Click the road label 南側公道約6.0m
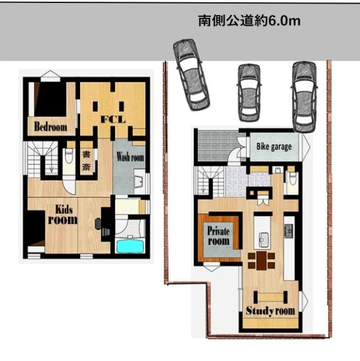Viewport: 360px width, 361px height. point(249,21)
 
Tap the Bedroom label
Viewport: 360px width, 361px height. point(51,126)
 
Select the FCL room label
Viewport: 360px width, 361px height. point(113,119)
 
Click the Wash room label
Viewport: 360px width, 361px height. point(130,157)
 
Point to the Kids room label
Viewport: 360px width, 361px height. point(63,215)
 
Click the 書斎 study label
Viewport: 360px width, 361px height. point(86,161)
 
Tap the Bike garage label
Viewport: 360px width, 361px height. point(274,147)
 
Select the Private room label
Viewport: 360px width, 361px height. point(219,235)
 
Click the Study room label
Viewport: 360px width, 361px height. point(270,311)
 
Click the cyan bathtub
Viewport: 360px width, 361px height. point(131,246)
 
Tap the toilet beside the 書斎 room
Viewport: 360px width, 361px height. point(69,156)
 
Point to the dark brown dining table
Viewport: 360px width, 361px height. point(261,261)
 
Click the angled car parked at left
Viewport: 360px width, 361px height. point(191,75)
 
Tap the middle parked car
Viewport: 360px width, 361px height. point(249,93)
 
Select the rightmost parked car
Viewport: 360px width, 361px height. point(305,97)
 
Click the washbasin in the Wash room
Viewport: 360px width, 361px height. point(139,182)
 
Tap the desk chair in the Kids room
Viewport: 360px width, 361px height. point(98,224)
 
